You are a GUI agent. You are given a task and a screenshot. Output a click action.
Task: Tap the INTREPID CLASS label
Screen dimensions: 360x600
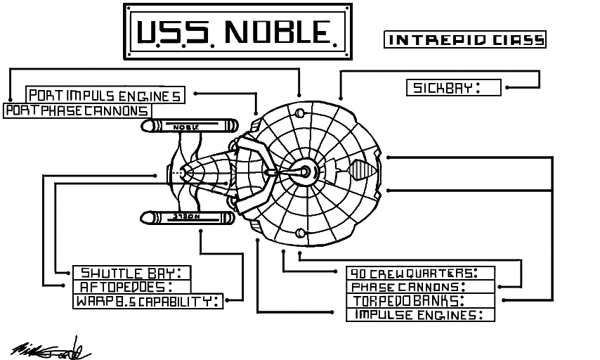465,39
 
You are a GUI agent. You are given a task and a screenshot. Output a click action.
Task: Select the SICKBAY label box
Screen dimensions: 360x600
453,88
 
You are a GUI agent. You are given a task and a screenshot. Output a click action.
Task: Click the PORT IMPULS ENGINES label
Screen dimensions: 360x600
105,96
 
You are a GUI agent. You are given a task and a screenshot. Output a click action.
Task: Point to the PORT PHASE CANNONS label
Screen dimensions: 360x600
77,111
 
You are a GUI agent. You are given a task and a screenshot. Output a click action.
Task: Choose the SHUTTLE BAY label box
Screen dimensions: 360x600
132,273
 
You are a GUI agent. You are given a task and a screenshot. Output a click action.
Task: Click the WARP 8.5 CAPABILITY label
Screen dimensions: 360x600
148,302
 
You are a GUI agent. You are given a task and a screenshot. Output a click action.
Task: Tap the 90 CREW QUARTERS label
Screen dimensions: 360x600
421,273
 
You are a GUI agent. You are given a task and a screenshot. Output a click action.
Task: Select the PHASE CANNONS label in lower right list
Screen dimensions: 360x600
421,287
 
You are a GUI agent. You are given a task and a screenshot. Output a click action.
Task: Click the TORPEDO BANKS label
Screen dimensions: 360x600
421,301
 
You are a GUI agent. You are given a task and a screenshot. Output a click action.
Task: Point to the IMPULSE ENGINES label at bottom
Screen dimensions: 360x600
421,315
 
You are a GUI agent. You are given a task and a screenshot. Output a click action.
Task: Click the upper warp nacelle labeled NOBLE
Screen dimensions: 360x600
187,127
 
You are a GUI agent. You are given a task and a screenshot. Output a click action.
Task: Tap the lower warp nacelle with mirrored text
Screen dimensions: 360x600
187,217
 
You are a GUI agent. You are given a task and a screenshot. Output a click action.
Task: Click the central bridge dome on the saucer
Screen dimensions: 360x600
305,171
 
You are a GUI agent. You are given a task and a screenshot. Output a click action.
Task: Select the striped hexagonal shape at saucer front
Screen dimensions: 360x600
360,171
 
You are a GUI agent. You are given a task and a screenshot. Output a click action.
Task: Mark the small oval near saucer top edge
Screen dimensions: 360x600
300,114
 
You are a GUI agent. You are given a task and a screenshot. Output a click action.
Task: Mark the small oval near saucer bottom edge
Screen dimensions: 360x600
300,233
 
